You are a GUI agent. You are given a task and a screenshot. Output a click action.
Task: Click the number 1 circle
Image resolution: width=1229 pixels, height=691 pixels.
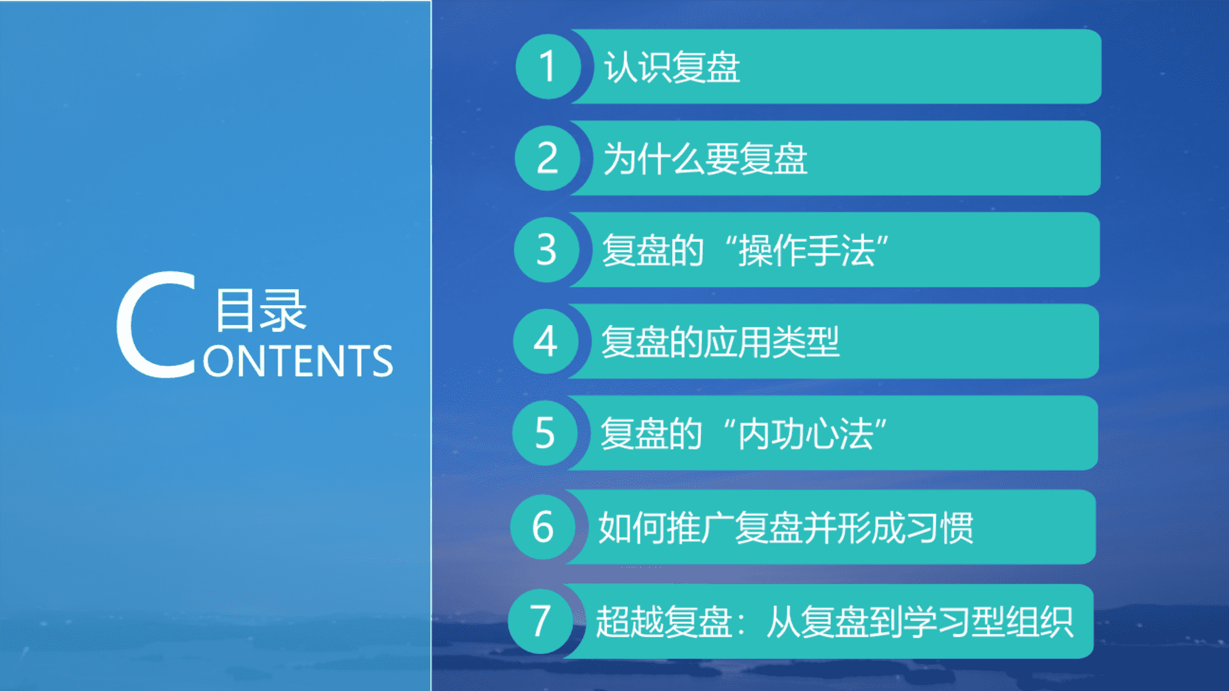coord(548,67)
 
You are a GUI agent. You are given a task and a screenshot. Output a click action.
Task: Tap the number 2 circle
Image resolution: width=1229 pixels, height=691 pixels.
coord(547,158)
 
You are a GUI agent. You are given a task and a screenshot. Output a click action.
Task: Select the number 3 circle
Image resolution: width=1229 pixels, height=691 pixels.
coord(547,250)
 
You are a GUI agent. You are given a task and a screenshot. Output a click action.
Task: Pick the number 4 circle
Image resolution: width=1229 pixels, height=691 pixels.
coord(545,341)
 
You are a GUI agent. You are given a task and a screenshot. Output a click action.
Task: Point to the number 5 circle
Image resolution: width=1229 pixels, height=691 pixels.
coord(545,433)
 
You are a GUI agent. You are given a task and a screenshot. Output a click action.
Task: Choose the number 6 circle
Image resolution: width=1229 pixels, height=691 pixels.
coord(543,527)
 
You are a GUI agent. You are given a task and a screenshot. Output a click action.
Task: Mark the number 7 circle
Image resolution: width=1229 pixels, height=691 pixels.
coord(541,621)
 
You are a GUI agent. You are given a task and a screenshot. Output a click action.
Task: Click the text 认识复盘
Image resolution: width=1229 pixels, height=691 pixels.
coord(672,67)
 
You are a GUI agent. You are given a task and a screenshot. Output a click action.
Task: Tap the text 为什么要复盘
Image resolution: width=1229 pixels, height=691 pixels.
coord(705,159)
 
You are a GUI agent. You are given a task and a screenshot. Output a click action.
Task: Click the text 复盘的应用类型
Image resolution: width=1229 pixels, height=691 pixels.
coord(720,342)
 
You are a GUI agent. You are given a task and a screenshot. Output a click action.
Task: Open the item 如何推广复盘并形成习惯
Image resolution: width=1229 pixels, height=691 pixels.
coord(786,528)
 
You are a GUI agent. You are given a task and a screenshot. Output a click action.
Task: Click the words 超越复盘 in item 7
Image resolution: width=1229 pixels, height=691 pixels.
coord(664,622)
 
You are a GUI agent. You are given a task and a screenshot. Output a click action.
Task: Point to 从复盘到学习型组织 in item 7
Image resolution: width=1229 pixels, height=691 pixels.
coord(920,622)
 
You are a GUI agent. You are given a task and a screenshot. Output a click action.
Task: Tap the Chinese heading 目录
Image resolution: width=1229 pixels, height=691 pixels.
coord(261,310)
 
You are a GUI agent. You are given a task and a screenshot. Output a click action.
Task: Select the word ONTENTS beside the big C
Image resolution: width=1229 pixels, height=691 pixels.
coord(298,361)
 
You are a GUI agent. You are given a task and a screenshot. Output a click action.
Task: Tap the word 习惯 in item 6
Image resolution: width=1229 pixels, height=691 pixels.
coord(940,528)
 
